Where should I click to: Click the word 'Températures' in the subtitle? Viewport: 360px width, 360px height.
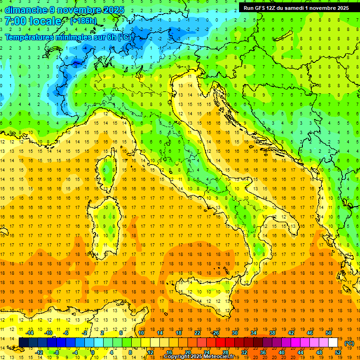(29, 37)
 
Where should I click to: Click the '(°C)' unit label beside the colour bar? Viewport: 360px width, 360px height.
(349, 343)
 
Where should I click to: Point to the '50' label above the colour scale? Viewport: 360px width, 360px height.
(329, 333)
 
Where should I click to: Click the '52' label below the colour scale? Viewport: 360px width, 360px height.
(338, 352)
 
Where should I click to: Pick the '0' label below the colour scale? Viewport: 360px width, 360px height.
(94, 352)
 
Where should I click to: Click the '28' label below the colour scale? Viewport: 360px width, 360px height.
(225, 352)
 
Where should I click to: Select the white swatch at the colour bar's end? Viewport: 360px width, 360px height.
(333, 342)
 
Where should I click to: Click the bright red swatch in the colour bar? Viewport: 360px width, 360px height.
(221, 342)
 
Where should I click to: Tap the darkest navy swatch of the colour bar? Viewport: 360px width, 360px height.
(23, 342)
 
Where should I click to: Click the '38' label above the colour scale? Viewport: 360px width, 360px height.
(272, 333)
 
